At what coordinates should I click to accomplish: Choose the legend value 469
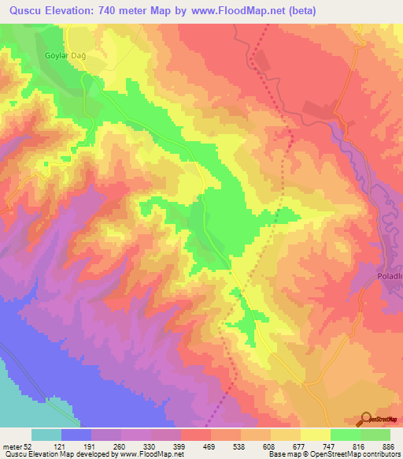pyautogui.click(x=212, y=446)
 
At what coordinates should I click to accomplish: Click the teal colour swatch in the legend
pyautogui.click(x=46, y=435)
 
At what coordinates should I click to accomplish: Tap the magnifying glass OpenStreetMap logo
pyautogui.click(x=366, y=420)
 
